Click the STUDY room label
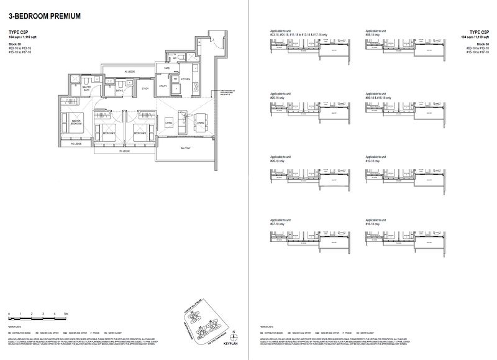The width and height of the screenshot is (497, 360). [x=145, y=89]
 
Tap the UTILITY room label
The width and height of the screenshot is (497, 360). [x=163, y=86]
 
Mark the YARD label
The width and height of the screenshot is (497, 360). [x=166, y=67]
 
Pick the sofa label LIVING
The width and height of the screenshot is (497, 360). [x=168, y=124]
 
